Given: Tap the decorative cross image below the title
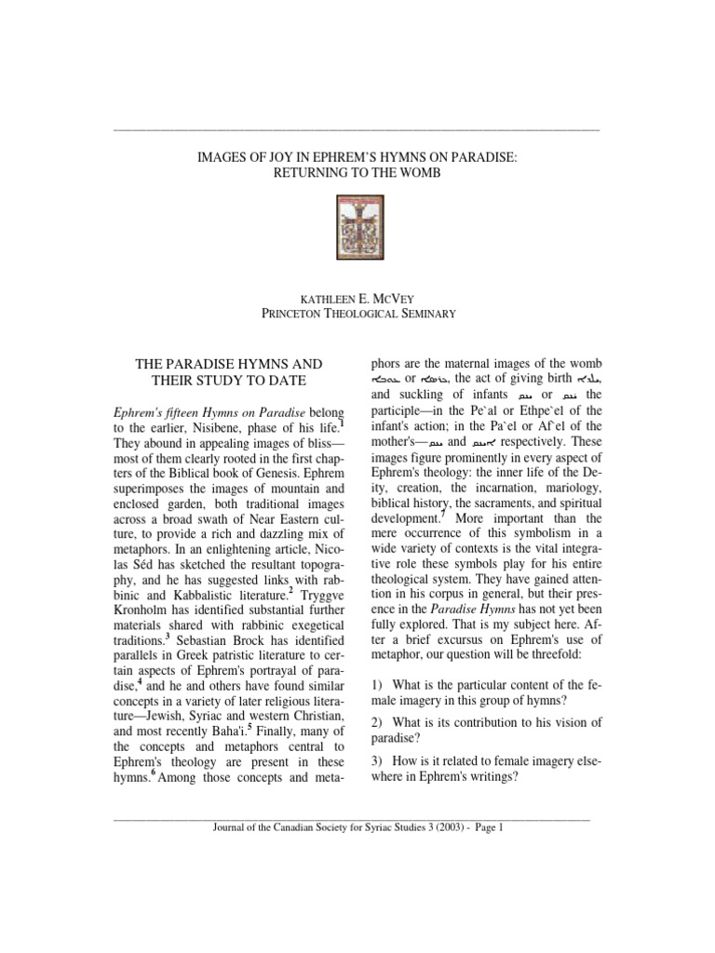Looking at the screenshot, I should click(357, 222).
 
